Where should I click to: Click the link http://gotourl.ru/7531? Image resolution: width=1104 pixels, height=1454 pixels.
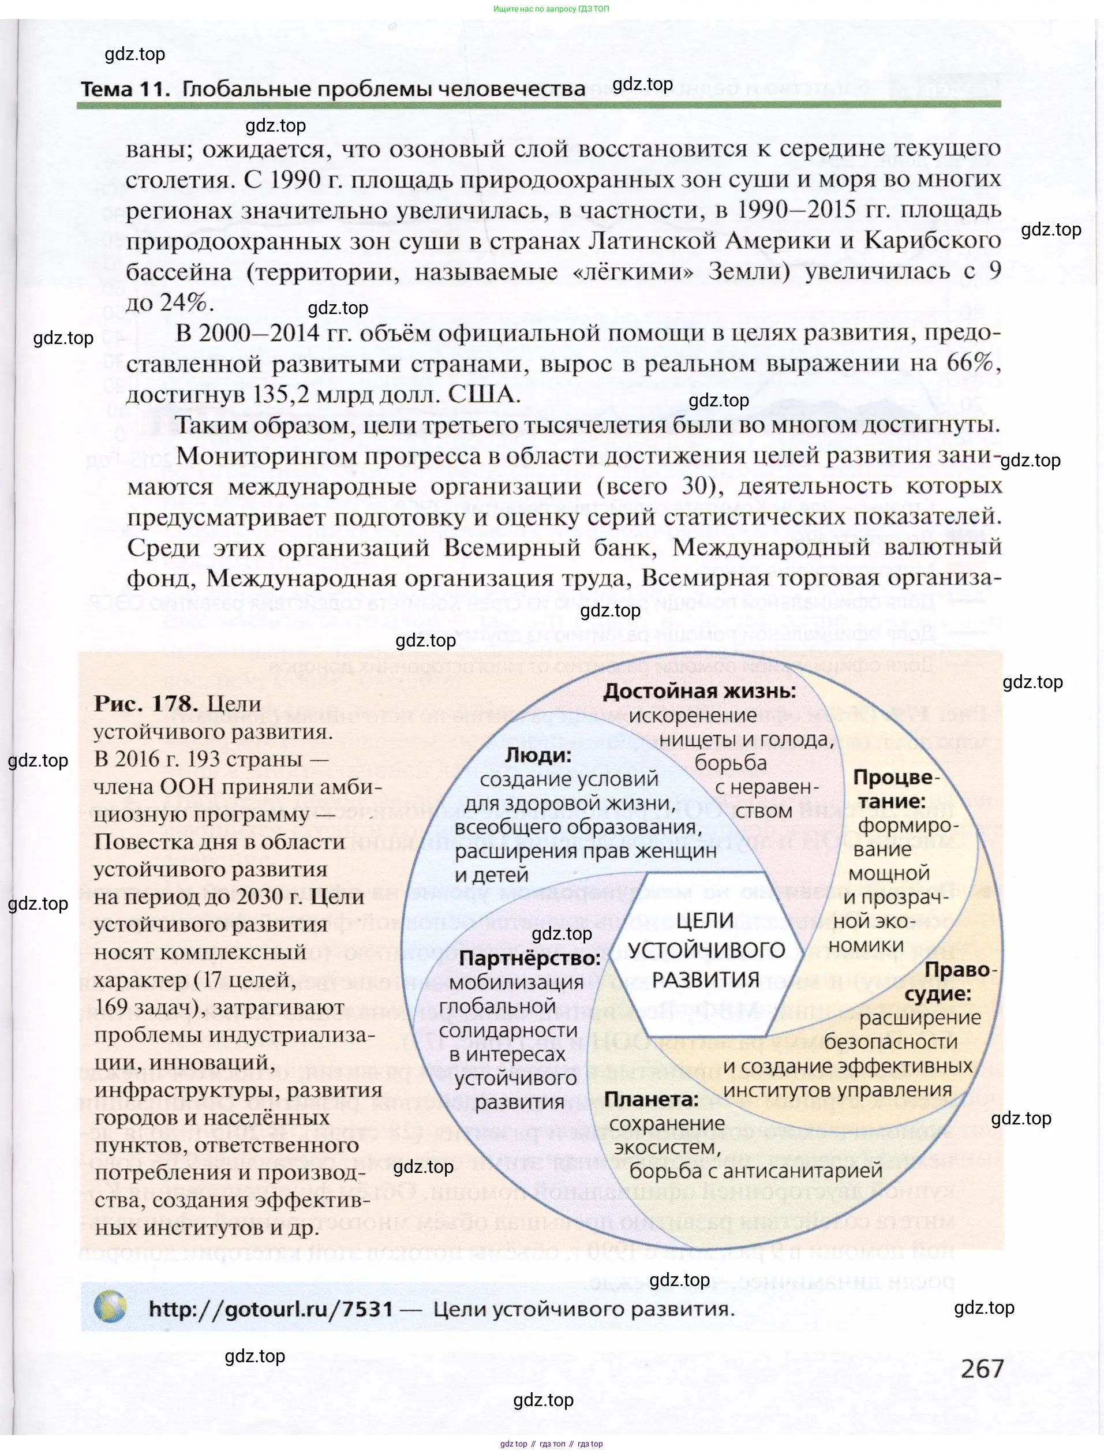(x=270, y=1308)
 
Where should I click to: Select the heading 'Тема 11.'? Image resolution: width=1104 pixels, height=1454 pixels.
(x=125, y=89)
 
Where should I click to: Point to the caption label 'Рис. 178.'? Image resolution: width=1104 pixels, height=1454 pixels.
(x=145, y=704)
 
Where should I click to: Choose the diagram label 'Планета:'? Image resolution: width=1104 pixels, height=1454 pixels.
(x=650, y=1099)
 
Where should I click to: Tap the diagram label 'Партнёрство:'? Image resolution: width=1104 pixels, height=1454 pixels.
(x=530, y=958)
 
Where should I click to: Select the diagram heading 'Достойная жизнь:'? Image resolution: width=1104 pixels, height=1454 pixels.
(x=699, y=691)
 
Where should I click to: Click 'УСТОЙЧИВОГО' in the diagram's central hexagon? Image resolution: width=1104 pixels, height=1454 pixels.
(x=706, y=950)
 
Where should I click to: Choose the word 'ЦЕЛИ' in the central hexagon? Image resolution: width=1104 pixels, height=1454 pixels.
(x=705, y=920)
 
